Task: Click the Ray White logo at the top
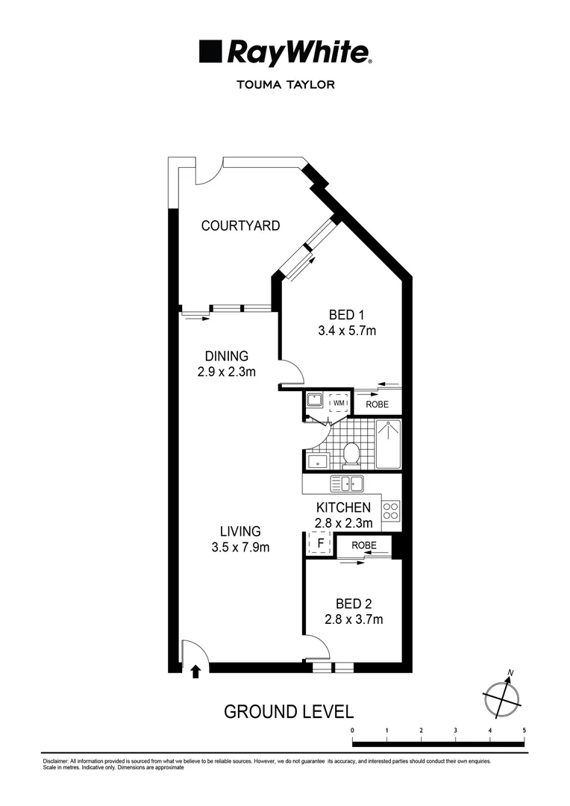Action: [x=285, y=53]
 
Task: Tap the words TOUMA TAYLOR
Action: [x=285, y=84]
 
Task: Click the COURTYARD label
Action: [x=240, y=225]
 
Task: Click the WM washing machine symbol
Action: [x=339, y=404]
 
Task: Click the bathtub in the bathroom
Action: [x=388, y=444]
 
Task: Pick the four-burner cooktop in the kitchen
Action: [x=391, y=511]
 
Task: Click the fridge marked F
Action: [x=320, y=543]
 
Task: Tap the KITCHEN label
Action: [x=343, y=508]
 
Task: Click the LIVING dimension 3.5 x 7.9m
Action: [x=239, y=547]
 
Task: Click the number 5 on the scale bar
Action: [x=524, y=730]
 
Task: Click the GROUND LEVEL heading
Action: [x=288, y=711]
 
